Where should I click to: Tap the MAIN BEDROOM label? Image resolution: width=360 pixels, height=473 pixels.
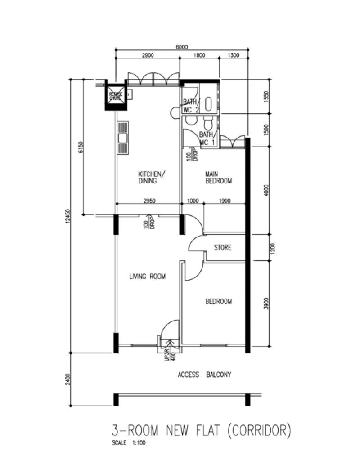click(x=218, y=178)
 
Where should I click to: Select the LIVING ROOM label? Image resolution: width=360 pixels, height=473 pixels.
click(x=147, y=277)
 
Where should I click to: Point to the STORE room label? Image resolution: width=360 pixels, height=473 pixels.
click(x=223, y=247)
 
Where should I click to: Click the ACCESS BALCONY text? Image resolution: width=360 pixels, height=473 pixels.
click(x=204, y=375)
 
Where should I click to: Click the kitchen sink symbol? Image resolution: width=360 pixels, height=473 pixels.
click(x=122, y=138)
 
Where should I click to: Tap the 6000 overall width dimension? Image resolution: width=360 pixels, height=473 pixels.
click(x=181, y=46)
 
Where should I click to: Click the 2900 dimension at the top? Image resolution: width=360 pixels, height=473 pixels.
click(x=148, y=56)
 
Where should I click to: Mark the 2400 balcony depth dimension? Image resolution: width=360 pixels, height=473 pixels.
click(x=68, y=379)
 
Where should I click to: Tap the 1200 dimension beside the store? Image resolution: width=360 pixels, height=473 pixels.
click(x=267, y=248)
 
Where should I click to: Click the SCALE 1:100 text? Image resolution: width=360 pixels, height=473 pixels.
click(x=129, y=443)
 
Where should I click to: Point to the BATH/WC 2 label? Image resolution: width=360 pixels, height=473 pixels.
click(x=191, y=106)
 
